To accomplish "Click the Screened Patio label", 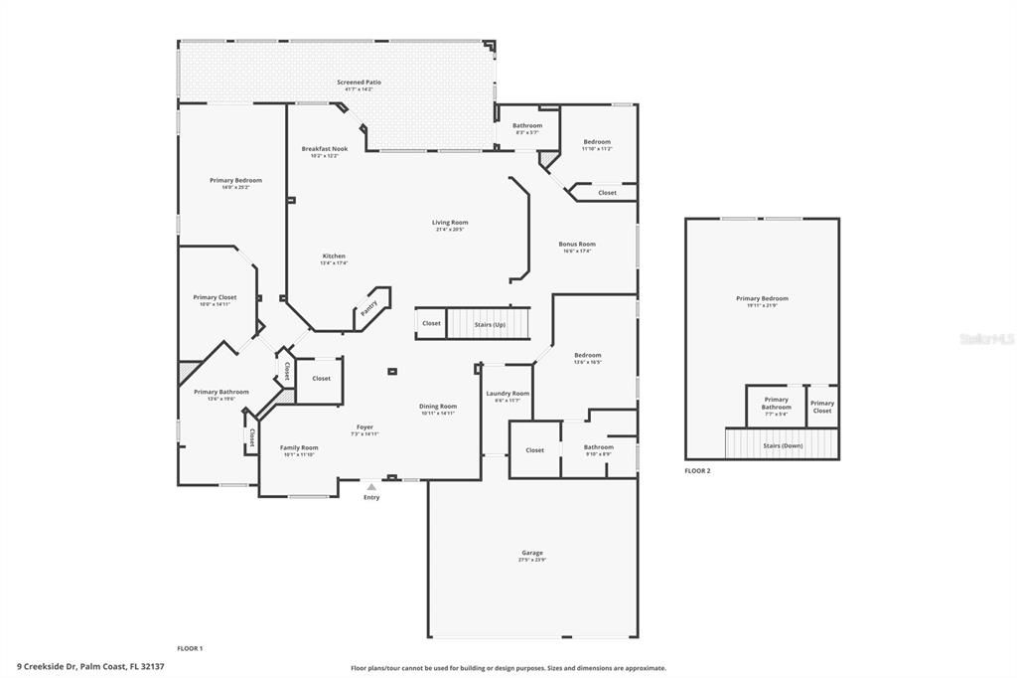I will point(359,83).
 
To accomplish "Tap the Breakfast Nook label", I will point(325,149).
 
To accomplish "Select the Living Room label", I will point(450,223).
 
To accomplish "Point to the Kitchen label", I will point(334,256).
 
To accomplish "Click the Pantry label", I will point(368,310).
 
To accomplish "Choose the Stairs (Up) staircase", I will point(490,323).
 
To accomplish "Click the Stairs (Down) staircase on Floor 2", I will point(783,445).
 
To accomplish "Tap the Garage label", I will point(532,553).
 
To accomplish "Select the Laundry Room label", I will point(508,394).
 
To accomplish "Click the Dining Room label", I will point(437,406).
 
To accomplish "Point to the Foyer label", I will point(365,427).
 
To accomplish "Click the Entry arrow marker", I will point(371,487).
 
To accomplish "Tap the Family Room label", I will point(299,448).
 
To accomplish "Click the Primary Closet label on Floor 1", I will point(215,297).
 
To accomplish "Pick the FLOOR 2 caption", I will point(697,470).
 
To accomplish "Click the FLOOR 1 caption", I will point(190,648).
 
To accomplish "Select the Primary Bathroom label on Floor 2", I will point(777,403).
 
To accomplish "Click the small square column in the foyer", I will point(392,372).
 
